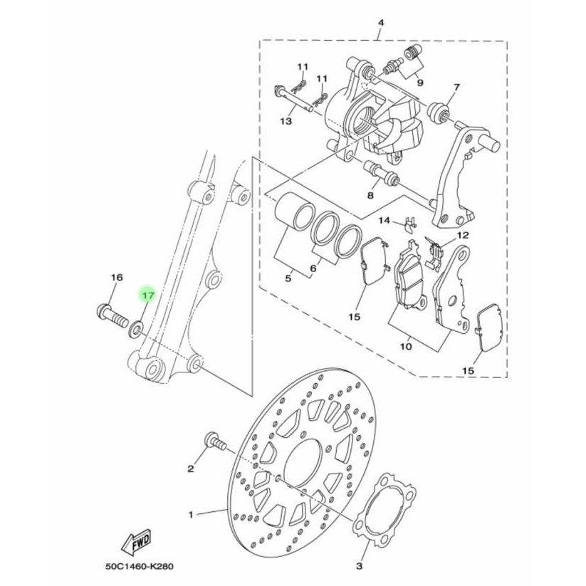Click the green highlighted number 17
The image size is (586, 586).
[147, 294]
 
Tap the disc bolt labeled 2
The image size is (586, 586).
[214, 441]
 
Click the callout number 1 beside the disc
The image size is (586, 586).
[191, 513]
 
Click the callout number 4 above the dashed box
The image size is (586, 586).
[380, 23]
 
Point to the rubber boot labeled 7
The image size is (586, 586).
[439, 112]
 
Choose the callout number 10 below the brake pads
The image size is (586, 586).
[405, 347]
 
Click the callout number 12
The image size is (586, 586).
[463, 235]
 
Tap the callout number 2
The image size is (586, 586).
[191, 468]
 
